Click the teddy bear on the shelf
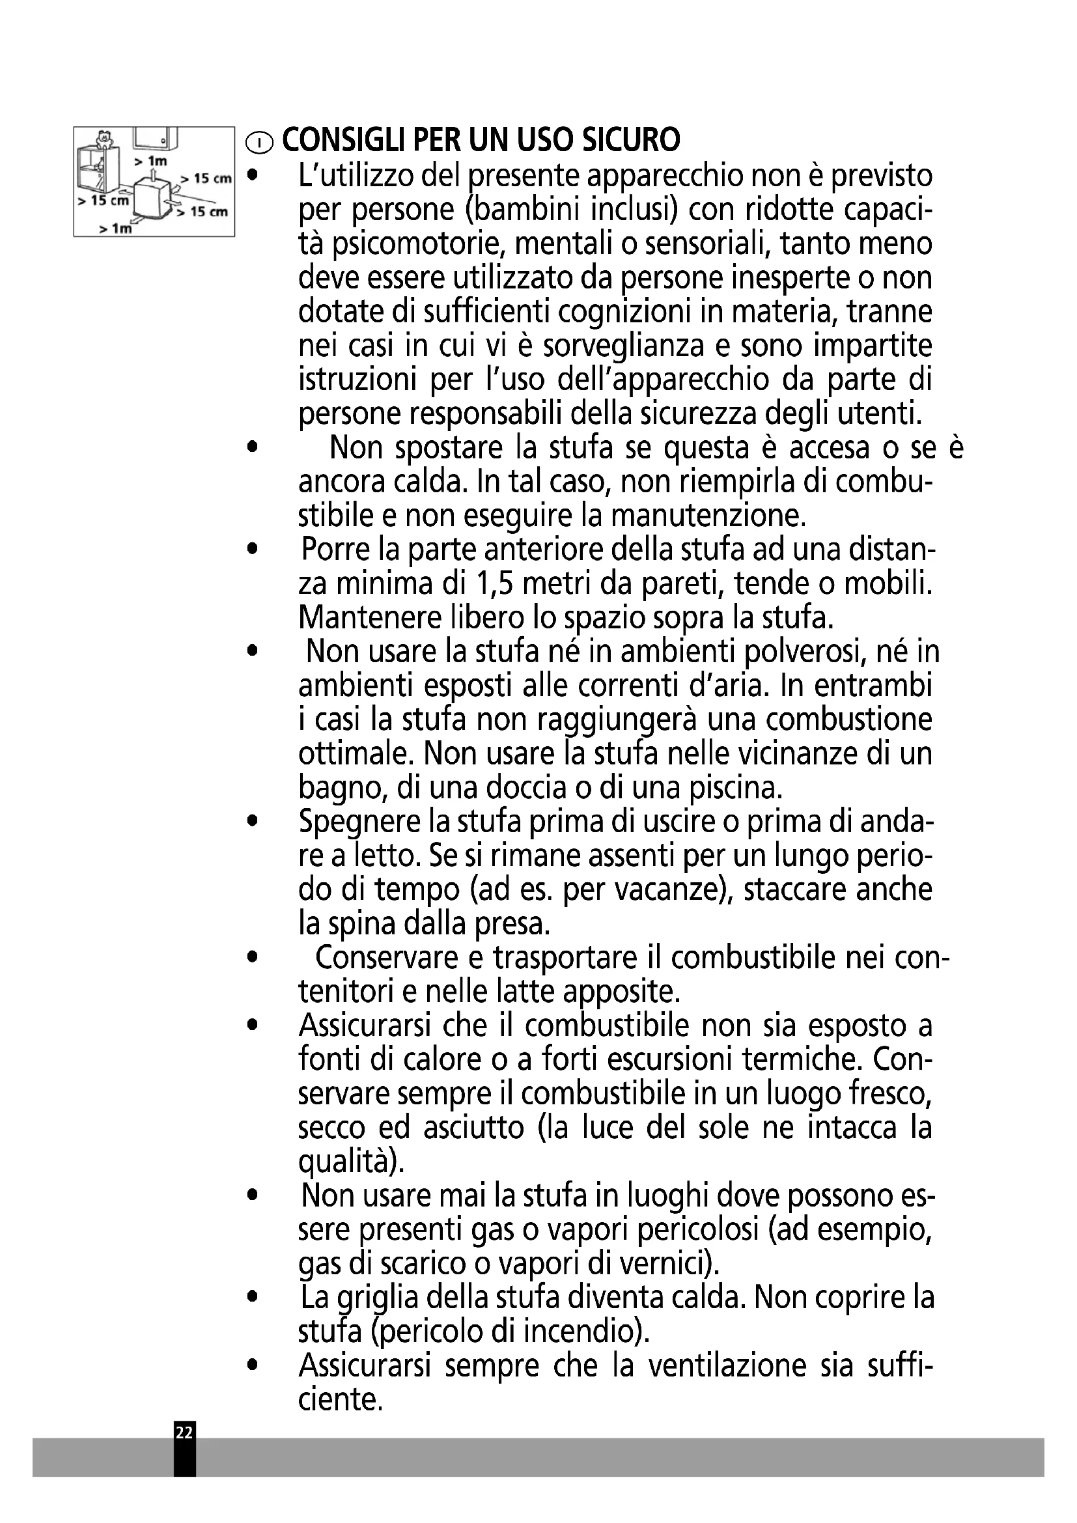tap(103, 139)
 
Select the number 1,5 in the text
tap(497, 583)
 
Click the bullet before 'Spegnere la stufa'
tap(250, 822)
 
